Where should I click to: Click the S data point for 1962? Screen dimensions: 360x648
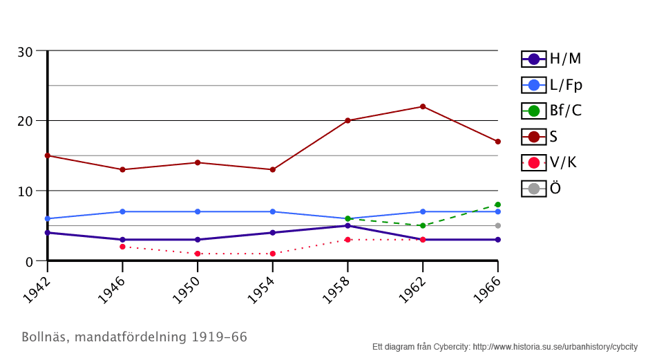(423, 106)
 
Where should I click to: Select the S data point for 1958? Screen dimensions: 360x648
(347, 120)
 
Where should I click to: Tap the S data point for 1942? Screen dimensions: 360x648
(48, 155)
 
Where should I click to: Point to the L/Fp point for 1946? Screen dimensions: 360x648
(122, 211)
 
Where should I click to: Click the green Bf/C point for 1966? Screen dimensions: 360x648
(497, 205)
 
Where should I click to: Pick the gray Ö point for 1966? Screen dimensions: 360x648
(497, 226)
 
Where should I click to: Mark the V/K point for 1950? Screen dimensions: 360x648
(198, 254)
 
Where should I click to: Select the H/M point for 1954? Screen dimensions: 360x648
(273, 233)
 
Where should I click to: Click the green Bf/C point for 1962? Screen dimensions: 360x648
(423, 226)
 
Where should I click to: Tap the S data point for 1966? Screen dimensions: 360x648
(497, 142)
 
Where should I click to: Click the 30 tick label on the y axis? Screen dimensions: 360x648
(26, 52)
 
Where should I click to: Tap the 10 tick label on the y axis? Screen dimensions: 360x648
(26, 191)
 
